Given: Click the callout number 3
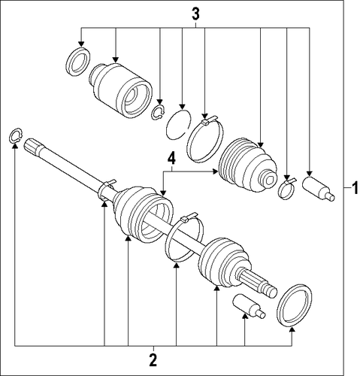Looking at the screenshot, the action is pyautogui.click(x=195, y=14).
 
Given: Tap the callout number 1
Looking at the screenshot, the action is pyautogui.click(x=355, y=188).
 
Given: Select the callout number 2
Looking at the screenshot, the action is pyautogui.click(x=153, y=360).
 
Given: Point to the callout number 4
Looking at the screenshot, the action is pyautogui.click(x=171, y=159).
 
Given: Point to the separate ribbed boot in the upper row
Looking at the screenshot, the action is pyautogui.click(x=248, y=165).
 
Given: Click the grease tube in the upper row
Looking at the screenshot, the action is pyautogui.click(x=318, y=188).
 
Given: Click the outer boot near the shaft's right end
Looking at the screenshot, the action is pyautogui.click(x=224, y=262).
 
